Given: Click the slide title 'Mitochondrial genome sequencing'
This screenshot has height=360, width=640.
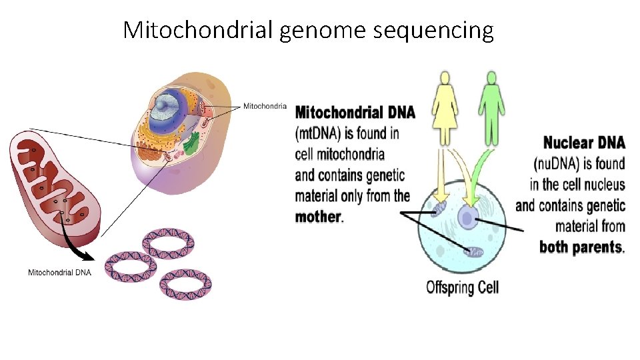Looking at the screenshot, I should point(308,30).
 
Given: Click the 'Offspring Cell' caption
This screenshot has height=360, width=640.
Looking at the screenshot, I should point(462,288).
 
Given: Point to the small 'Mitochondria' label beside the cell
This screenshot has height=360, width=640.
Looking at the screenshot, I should point(265,106).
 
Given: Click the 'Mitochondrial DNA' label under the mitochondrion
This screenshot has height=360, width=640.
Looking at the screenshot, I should point(59,272).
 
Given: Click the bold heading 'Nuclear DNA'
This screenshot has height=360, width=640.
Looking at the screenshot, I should point(584,142).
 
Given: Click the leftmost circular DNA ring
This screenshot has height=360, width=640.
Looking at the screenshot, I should point(131,267).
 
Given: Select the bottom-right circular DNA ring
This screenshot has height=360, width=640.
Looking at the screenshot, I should point(186,284).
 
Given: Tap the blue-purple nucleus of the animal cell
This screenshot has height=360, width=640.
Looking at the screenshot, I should point(164,110).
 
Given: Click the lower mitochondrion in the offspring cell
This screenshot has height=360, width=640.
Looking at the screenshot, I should point(475,252).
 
